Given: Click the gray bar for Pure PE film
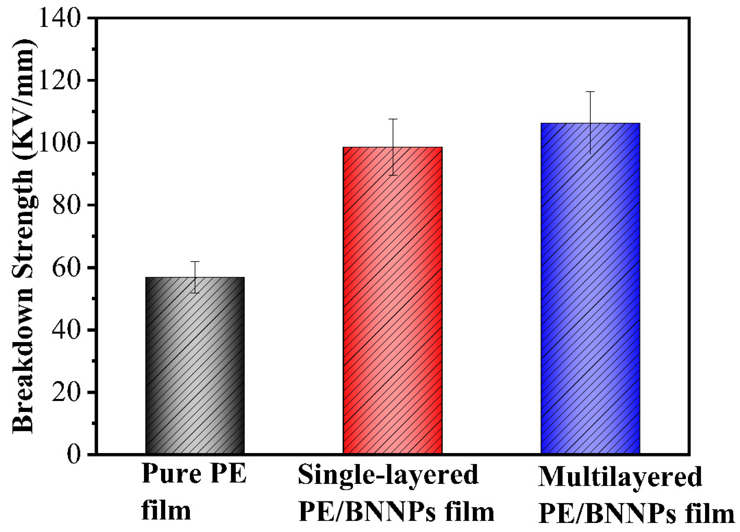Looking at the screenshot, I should [x=195, y=366].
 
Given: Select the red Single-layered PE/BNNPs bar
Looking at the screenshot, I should [x=392, y=300].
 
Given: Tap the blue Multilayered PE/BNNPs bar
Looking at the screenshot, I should [x=590, y=289].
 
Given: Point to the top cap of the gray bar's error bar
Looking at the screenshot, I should [x=195, y=262].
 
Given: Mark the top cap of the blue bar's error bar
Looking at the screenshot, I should [x=590, y=92].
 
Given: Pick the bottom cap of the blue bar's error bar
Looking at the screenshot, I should [x=590, y=154].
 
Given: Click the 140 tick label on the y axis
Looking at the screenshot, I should [x=59, y=18].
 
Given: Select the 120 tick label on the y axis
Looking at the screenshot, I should [x=59, y=80].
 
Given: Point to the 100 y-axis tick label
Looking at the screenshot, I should [x=59, y=143].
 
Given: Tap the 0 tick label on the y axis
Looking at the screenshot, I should [x=73, y=455].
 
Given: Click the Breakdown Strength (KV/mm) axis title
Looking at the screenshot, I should [x=23, y=236].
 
